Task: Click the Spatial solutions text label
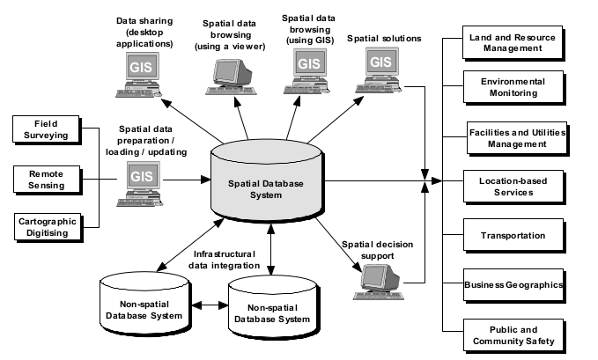(x=383, y=39)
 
